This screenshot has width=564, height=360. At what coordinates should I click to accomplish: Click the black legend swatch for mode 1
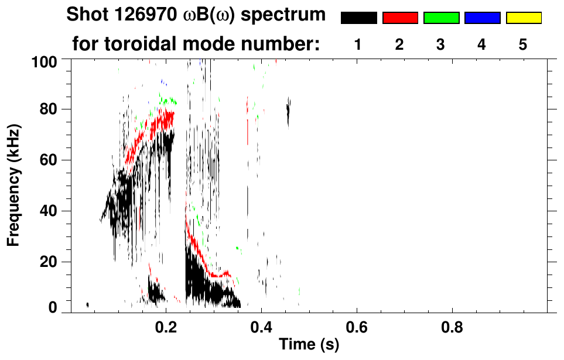coord(358,18)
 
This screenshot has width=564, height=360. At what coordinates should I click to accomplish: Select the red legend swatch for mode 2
coord(400,18)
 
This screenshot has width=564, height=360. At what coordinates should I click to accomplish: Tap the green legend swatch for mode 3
coord(441,18)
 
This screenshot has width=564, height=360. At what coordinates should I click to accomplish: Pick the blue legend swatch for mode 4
coord(482,18)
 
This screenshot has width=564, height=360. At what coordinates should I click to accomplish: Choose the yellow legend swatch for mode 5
coord(523,18)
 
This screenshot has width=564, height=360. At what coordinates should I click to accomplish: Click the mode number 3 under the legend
coord(441,44)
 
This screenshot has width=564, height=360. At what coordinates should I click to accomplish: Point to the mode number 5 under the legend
coord(523,44)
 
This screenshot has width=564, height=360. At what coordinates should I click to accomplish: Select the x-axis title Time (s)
coord(308,345)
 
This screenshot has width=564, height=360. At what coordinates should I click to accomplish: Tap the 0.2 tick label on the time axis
coord(166,327)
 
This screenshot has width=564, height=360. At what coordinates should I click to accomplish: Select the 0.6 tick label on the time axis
coord(357,327)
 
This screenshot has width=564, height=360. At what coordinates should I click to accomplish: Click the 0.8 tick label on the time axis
coord(452,327)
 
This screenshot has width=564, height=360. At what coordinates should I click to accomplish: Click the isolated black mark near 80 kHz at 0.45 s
coord(288,111)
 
